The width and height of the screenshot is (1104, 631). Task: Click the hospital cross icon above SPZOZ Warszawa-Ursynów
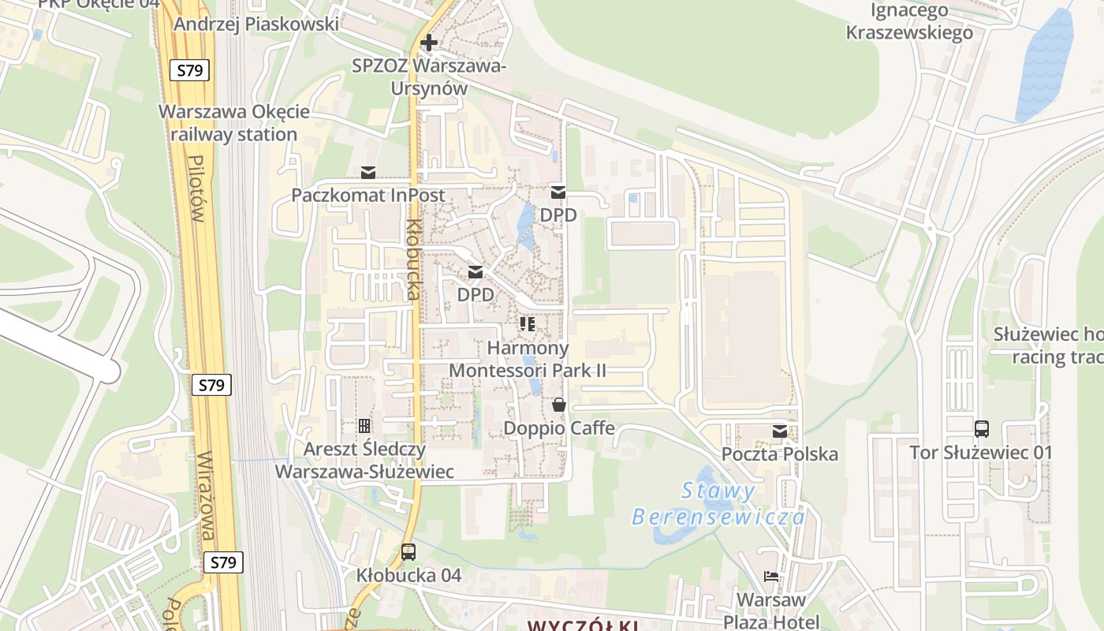pos(429,43)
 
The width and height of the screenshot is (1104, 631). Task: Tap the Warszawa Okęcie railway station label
pos(234,122)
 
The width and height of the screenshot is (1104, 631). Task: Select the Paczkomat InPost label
pos(368,195)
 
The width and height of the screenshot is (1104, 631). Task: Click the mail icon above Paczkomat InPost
pos(368,172)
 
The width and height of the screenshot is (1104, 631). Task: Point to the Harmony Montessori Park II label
pos(528,359)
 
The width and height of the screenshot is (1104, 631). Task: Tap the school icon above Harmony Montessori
pos(528,324)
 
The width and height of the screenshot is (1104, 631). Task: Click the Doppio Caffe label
pos(559,428)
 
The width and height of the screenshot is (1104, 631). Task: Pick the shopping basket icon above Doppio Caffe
pos(559,405)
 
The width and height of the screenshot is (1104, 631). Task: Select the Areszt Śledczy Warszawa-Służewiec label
pos(364,461)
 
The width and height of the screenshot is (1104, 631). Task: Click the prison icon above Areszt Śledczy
pos(364,426)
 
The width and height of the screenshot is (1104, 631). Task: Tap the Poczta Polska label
pos(780,454)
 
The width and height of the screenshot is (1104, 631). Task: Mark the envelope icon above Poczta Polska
pos(780,431)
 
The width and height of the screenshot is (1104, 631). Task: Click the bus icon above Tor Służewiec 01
pos(982,429)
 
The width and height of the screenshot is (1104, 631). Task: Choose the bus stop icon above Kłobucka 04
pos(408,552)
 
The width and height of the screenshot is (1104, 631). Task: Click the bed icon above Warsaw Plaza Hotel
pos(771,577)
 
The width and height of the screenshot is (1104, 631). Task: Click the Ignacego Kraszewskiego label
pos(909,21)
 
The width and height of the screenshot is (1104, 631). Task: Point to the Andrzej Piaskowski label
pos(256,24)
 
